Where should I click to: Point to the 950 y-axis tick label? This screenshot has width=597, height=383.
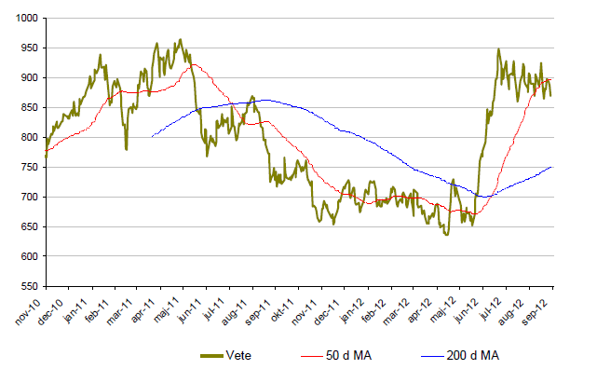[26, 48]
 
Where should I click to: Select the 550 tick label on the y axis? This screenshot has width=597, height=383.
[26, 286]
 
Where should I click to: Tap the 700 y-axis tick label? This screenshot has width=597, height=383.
[26, 197]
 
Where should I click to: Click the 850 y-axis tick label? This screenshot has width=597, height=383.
[26, 107]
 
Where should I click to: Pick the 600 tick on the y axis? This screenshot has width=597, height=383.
[26, 256]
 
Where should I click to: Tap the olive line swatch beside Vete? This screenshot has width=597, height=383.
[213, 355]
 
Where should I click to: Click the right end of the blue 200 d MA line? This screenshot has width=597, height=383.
[551, 167]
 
